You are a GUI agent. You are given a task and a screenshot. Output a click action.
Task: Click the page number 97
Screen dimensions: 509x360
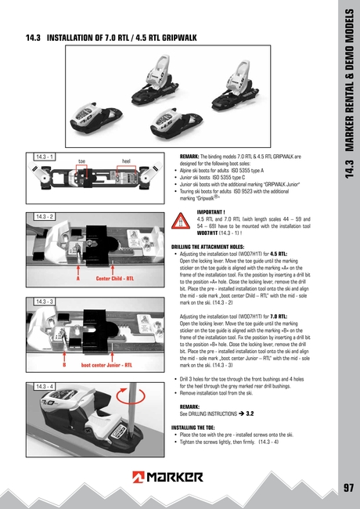point(347,488)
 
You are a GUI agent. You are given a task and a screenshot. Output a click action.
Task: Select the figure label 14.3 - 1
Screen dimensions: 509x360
point(45,157)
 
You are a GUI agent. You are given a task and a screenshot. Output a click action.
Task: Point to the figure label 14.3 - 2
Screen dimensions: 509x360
point(45,216)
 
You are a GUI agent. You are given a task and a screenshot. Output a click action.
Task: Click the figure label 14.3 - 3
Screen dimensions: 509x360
point(45,301)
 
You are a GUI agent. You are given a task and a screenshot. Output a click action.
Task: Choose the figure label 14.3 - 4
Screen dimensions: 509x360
point(45,386)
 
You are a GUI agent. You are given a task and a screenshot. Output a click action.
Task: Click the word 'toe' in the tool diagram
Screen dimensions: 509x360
point(81,161)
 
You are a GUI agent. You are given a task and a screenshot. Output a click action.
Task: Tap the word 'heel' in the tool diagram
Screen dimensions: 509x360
point(127,161)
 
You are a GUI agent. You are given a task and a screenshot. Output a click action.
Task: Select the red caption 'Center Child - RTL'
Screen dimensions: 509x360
point(114,279)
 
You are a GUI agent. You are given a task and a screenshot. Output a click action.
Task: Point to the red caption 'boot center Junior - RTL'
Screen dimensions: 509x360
point(107,365)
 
